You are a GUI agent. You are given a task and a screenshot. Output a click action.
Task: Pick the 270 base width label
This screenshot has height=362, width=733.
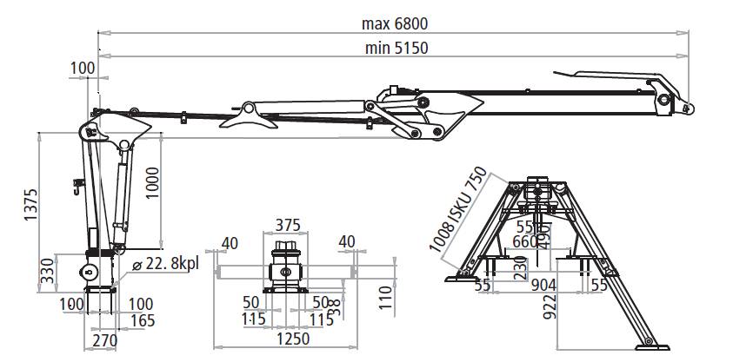103,341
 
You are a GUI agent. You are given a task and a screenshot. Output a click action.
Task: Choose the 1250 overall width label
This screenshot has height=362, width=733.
287,338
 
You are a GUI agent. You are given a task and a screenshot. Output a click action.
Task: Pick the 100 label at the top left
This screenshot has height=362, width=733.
83,68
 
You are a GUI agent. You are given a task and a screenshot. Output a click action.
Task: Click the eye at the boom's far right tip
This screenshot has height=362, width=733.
688,108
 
